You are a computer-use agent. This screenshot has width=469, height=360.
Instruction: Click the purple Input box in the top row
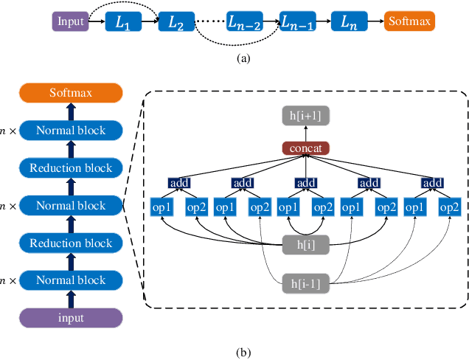[69, 22]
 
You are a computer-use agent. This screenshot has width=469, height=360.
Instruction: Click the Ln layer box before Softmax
[349, 22]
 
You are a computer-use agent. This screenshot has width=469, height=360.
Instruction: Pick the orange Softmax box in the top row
[409, 22]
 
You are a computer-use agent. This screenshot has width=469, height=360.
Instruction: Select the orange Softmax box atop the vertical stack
[72, 93]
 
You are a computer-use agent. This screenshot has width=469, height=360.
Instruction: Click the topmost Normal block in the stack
[72, 131]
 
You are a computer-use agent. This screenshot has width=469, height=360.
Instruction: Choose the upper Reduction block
[72, 168]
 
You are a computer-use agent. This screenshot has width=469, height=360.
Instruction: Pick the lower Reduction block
[72, 243]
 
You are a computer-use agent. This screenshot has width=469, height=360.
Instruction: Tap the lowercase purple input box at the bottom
[72, 318]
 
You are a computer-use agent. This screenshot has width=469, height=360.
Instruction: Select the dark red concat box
[305, 148]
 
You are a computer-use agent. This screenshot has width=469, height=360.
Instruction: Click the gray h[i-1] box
[305, 281]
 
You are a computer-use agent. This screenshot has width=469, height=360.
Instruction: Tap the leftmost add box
[178, 182]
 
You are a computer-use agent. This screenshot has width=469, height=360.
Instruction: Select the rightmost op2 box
[448, 208]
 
